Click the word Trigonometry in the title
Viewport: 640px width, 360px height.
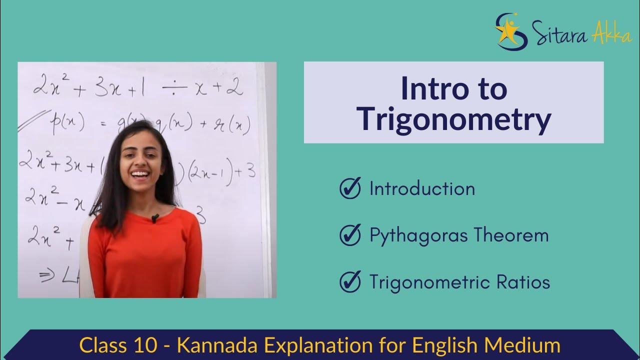click(454, 120)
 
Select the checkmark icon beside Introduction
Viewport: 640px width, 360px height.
click(350, 188)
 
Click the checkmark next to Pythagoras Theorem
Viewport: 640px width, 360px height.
click(350, 235)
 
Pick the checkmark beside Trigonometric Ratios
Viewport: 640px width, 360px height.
click(350, 282)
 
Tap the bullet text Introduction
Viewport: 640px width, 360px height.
click(422, 188)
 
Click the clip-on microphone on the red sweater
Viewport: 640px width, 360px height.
click(155, 218)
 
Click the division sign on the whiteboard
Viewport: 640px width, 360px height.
click(174, 88)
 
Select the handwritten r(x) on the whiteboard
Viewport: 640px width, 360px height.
click(233, 125)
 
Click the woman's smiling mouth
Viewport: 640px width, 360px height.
click(140, 174)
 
